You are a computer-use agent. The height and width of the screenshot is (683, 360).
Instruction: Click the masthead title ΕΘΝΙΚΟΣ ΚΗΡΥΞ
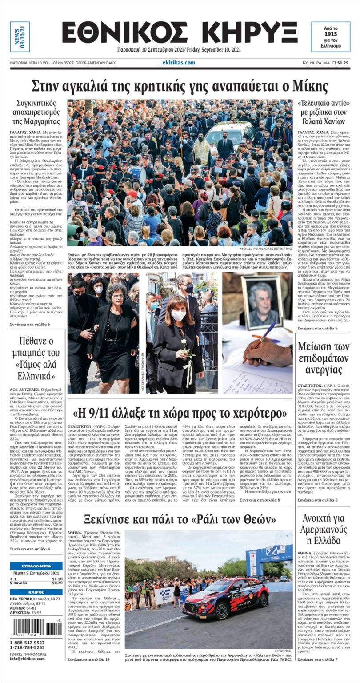click(180, 33)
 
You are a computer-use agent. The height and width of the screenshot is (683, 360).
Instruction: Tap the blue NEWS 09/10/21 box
click(20, 37)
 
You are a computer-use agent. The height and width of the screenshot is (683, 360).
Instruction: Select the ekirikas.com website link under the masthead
click(179, 63)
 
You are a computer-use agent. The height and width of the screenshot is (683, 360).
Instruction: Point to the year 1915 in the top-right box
click(331, 34)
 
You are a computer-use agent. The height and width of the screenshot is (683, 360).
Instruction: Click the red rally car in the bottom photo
click(226, 599)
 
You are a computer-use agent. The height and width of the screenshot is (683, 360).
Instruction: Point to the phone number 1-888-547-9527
click(28, 642)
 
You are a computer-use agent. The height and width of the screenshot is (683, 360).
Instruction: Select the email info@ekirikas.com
click(28, 659)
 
